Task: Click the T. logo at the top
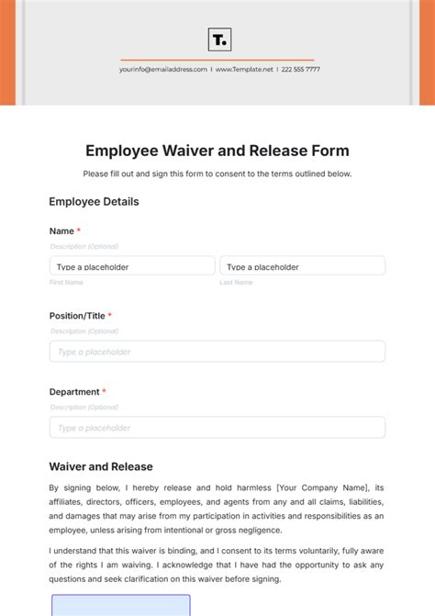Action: (219, 39)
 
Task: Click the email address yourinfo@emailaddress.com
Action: (163, 69)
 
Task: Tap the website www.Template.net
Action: (244, 69)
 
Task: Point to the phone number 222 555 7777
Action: (300, 69)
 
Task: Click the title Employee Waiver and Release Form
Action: (217, 151)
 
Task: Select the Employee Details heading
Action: (94, 202)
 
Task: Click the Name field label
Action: (61, 231)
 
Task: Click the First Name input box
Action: (132, 266)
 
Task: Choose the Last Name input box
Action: (302, 266)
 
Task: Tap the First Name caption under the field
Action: (66, 283)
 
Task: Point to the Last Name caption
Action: (236, 283)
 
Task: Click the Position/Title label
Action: (78, 316)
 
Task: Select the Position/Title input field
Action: (217, 352)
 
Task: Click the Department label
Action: (74, 392)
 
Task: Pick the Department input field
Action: (217, 428)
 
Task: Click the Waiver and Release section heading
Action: (101, 466)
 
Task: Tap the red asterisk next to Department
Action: (104, 392)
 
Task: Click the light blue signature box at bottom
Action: (120, 606)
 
